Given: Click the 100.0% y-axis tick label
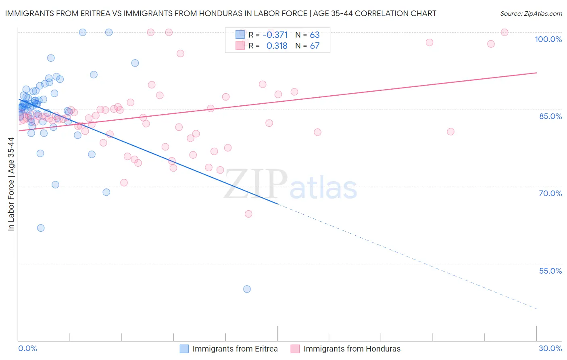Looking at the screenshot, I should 548,39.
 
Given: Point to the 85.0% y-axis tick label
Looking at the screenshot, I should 550,116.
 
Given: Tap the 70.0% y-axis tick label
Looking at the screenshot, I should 550,193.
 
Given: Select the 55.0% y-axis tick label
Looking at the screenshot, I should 550,271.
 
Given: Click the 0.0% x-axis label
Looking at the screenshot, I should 27,348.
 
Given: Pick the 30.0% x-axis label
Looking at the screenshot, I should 550,348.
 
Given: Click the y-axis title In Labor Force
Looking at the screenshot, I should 11,184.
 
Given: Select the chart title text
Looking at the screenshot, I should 221,13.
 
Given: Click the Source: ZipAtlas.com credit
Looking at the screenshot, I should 531,13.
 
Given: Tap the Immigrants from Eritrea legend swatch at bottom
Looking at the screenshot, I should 184,349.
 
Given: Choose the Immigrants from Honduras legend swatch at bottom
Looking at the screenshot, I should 295,349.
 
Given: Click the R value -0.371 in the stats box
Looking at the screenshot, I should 275,35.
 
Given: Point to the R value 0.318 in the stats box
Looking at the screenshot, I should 277,46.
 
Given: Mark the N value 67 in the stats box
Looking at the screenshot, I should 315,46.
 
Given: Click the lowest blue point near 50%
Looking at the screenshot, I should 247,289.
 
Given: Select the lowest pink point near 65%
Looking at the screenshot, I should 248,214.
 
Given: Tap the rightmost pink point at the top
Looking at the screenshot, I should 504,32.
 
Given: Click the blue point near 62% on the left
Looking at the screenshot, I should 41,228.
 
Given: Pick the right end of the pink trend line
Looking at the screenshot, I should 536,73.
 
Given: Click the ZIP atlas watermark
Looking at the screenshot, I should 290,185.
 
